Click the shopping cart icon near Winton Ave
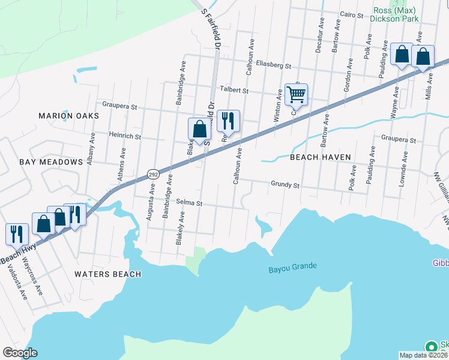(296, 94)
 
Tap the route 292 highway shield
(153, 174)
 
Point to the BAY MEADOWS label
(50, 162)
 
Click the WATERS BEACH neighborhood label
(107, 274)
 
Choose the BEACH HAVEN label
(320, 157)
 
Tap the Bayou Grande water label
(292, 266)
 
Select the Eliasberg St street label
(273, 65)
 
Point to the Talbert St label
(234, 90)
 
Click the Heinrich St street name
(124, 137)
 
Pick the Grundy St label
(285, 185)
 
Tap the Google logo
(20, 353)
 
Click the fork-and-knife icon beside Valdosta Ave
(16, 233)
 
